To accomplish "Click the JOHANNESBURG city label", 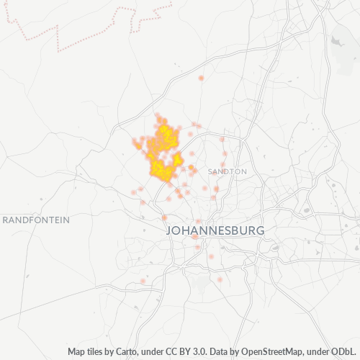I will coord(215,231).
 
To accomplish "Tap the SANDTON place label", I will coord(228,172).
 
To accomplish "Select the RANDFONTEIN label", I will coord(36,220).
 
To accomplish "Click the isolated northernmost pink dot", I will coord(201,78).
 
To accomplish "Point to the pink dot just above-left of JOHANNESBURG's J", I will coord(164,217).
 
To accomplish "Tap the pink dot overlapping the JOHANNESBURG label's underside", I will coord(194,236).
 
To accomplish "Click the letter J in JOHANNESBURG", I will coord(170,231).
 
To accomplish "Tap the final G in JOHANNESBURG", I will coord(260,231).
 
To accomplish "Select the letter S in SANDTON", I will coord(210,172).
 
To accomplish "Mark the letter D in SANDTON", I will coord(225,172).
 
